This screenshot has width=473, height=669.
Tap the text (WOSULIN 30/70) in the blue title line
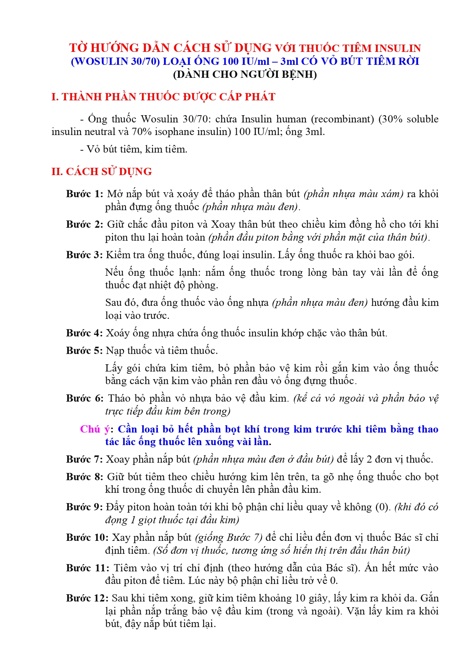(x=115, y=61)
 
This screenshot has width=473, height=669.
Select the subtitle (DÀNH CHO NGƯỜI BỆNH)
(x=245, y=74)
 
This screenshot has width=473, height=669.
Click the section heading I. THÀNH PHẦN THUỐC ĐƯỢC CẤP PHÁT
(x=163, y=97)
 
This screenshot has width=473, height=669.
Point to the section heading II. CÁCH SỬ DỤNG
(x=101, y=172)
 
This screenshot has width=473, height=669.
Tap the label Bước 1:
(x=84, y=194)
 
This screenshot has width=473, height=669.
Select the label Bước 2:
(x=84, y=224)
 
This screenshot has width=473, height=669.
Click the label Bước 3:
(x=84, y=255)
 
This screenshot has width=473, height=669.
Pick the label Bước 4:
(x=84, y=333)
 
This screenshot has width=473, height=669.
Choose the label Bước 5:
(x=84, y=351)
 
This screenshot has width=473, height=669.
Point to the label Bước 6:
(x=84, y=398)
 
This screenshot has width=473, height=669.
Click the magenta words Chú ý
(x=95, y=429)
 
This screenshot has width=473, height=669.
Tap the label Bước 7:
(x=84, y=459)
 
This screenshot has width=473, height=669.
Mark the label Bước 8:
(x=84, y=477)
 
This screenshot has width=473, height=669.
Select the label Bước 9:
(x=84, y=507)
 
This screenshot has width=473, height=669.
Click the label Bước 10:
(x=87, y=537)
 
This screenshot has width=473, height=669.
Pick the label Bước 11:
(x=87, y=568)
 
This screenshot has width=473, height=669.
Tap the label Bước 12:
(x=87, y=598)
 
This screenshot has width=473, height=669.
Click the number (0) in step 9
(x=383, y=507)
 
